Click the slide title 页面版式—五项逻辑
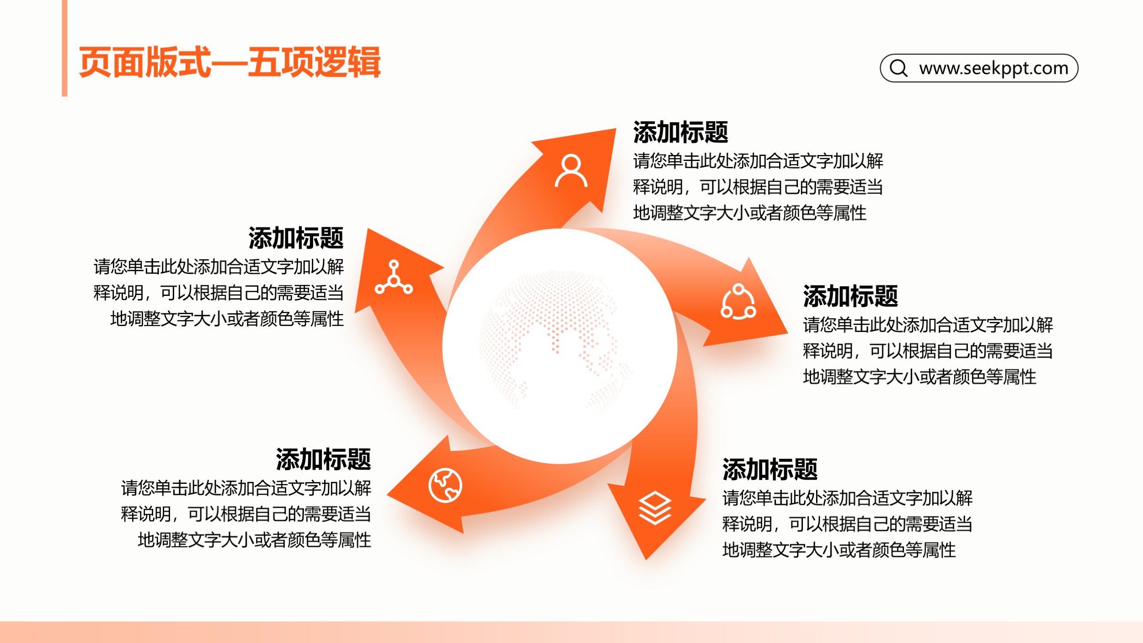click(230, 62)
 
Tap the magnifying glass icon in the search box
click(898, 68)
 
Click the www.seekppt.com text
click(993, 68)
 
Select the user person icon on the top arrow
click(571, 171)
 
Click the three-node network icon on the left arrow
click(394, 277)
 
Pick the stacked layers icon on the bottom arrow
click(655, 508)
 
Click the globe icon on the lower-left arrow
click(445, 485)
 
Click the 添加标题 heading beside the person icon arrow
click(680, 132)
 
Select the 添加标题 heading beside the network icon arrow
click(296, 238)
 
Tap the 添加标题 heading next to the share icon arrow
click(850, 296)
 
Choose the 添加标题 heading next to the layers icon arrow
click(770, 469)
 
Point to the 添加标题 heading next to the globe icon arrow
click(323, 459)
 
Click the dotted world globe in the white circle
click(555, 341)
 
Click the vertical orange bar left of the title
click(64, 48)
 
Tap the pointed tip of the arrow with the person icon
click(616, 129)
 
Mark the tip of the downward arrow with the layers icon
click(646, 559)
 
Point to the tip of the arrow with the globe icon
click(387, 494)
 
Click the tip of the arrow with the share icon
click(788, 333)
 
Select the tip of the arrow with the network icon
click(368, 229)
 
